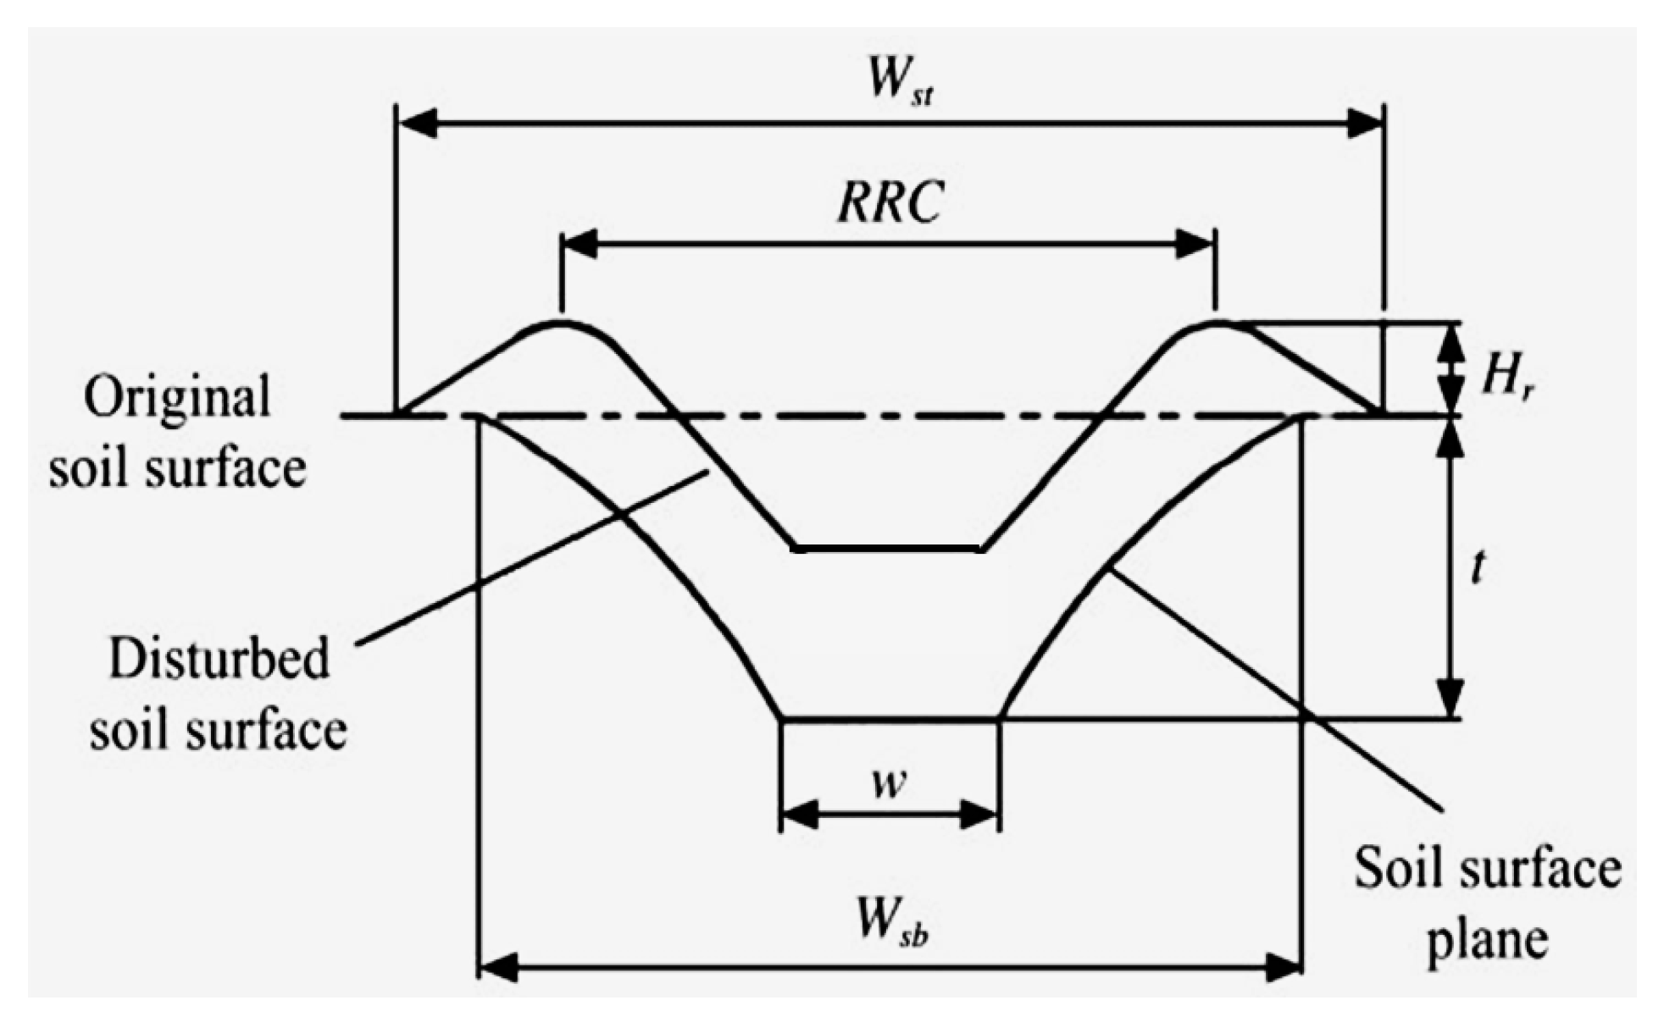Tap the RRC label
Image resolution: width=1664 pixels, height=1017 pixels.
click(890, 203)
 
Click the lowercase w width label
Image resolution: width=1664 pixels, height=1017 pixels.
click(889, 785)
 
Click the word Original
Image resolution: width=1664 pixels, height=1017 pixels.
click(177, 396)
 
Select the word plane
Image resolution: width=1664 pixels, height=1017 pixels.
click(1488, 940)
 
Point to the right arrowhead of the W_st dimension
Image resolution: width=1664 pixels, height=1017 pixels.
click(1363, 124)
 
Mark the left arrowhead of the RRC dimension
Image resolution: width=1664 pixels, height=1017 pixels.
click(581, 245)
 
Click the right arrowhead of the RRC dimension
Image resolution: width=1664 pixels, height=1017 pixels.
click(1195, 245)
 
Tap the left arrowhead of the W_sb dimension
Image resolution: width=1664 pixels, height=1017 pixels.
click(498, 967)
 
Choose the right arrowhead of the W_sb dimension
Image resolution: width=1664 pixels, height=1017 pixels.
click(1283, 967)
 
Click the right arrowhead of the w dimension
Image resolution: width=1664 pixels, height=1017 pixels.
click(979, 815)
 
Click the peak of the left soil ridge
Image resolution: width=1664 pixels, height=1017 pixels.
click(560, 322)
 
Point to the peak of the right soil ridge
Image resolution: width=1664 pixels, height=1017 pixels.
click(1216, 322)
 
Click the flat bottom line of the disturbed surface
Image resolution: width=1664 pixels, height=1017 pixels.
click(889, 550)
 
